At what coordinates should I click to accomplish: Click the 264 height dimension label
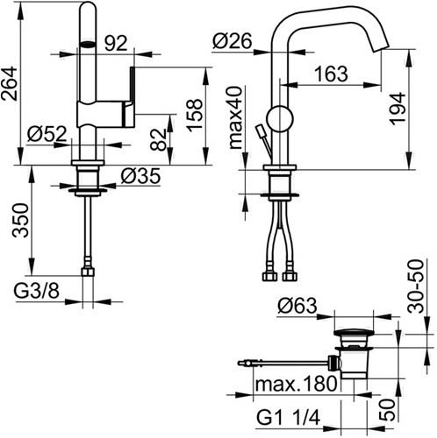point(10,84)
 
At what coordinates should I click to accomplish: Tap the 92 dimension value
point(116,44)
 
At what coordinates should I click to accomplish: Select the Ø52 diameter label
point(47,134)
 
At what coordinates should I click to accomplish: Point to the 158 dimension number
point(194,116)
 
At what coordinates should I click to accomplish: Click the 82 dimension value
point(158,139)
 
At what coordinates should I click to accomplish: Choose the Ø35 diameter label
point(140,176)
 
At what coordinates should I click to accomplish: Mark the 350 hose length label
point(20,221)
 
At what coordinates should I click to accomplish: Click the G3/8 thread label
point(37,291)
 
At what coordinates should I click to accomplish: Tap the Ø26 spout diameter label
point(233,41)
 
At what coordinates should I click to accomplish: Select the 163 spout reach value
point(331,74)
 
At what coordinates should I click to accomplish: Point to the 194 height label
point(398,109)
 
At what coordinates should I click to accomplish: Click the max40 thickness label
point(236,117)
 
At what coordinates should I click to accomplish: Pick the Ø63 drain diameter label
point(297,306)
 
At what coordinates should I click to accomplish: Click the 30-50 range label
point(416,286)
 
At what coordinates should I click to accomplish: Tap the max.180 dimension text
point(296,383)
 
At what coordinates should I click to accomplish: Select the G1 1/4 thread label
point(288,418)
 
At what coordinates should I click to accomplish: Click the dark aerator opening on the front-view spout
point(88,45)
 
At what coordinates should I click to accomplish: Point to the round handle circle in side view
point(280,118)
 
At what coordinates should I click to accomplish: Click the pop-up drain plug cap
point(354,333)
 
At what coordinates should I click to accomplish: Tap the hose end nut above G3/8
point(88,272)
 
